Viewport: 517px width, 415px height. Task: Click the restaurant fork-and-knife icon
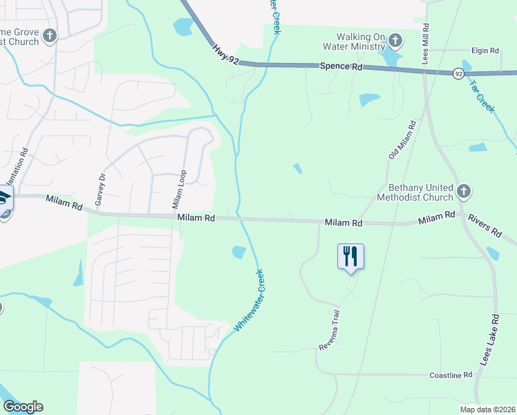tap(350, 256)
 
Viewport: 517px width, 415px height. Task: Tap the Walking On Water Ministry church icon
tap(395, 39)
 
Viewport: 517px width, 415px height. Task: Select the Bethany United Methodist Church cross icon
tap(464, 190)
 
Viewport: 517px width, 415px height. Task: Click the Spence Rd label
tap(341, 67)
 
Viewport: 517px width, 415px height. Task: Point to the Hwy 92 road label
tap(225, 56)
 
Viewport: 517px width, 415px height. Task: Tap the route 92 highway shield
tap(458, 73)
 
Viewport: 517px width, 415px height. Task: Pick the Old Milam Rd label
tap(402, 140)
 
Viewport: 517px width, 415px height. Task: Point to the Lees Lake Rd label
tap(489, 341)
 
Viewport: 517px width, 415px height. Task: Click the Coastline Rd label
tap(450, 374)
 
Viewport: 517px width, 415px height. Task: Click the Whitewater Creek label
tap(250, 299)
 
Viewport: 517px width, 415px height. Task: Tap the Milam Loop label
tap(178, 190)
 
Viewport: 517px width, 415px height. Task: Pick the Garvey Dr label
tap(102, 187)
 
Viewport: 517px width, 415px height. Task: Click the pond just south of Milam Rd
tap(238, 252)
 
